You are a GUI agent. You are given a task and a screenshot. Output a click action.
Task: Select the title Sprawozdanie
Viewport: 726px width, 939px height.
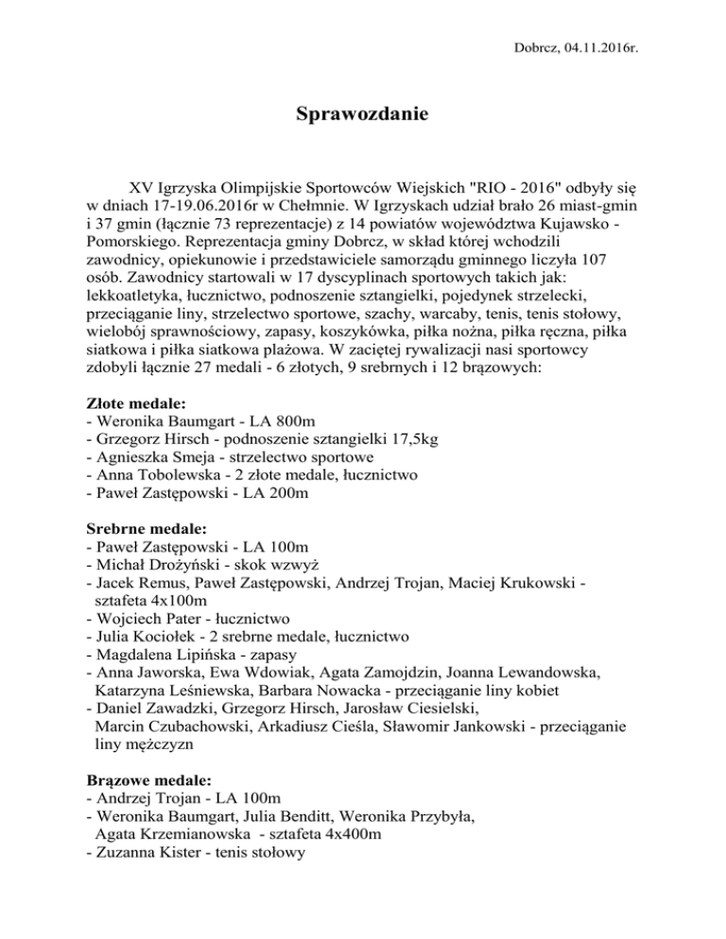(362, 116)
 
